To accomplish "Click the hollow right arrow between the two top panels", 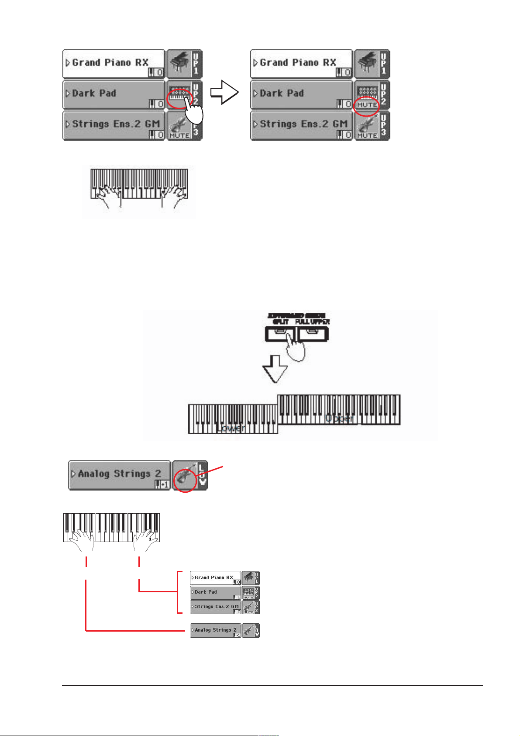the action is click(x=225, y=92).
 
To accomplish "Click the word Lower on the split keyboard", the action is click(x=231, y=428).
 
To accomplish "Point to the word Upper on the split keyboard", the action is click(x=339, y=418).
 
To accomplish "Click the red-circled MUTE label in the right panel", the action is click(x=366, y=105).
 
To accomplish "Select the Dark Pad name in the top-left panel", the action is click(x=94, y=93).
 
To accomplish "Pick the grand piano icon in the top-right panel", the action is click(x=366, y=64).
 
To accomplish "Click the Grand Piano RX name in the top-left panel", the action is click(x=110, y=62).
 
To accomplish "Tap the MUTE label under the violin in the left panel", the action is click(x=179, y=135).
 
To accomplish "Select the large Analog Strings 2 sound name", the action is click(x=119, y=473).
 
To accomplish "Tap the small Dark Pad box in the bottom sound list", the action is click(x=215, y=592).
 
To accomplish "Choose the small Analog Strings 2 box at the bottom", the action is click(x=215, y=630).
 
